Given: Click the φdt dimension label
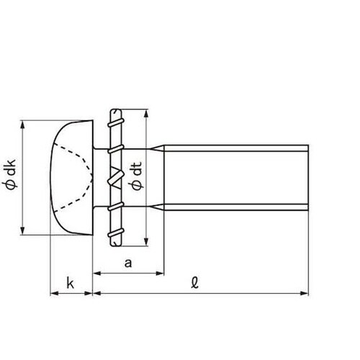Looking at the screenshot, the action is (x=137, y=176).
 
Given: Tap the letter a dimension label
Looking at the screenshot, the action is (x=128, y=263).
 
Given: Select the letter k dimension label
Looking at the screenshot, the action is (x=71, y=283).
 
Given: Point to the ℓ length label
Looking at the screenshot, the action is (x=195, y=283).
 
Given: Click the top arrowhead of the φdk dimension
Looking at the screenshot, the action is (x=22, y=125).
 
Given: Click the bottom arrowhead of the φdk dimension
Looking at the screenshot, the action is (x=22, y=230).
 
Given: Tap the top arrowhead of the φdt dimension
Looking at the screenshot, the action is (x=145, y=114).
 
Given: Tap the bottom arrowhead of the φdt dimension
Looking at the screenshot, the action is (x=145, y=241).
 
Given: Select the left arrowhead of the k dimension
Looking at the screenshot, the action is (x=55, y=293).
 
